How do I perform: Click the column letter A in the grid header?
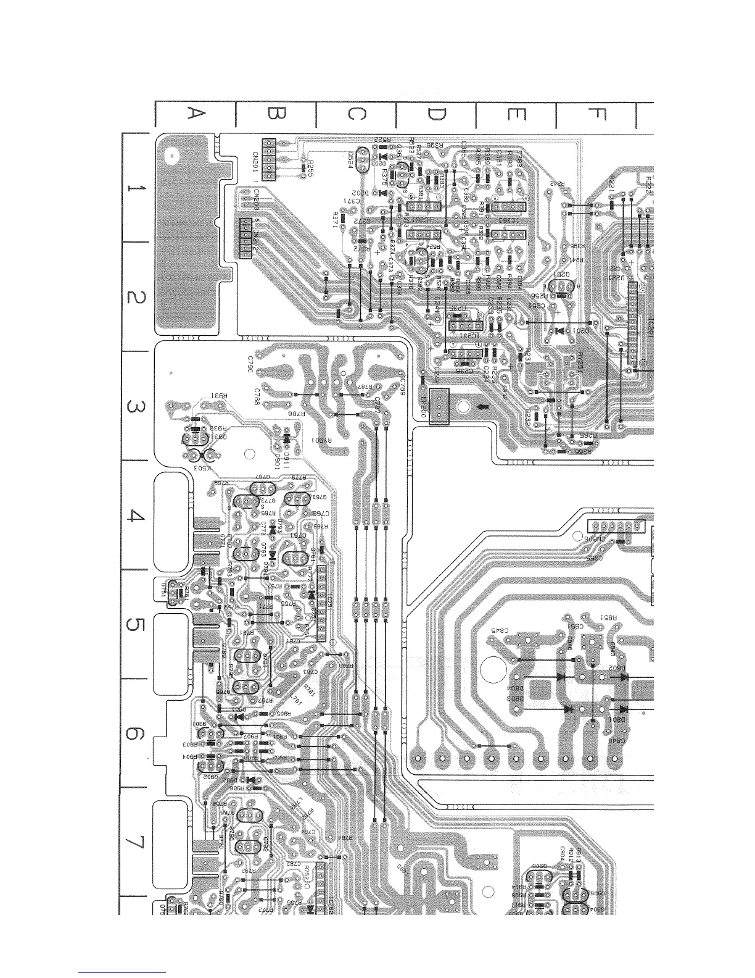point(195,114)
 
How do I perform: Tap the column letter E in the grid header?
point(516,114)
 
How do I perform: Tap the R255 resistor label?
point(310,165)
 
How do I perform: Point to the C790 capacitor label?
point(250,369)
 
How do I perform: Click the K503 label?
point(202,469)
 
